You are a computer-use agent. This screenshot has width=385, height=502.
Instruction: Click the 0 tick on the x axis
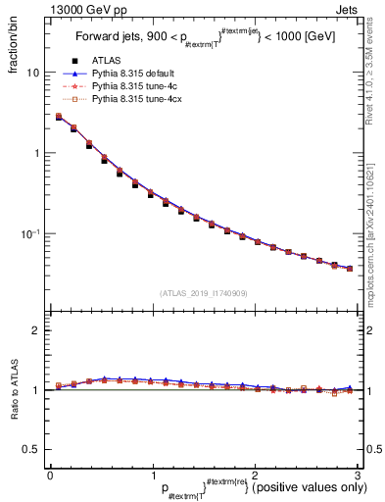pos(50,475)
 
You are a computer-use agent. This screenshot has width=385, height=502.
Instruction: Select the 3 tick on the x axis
pos(358,475)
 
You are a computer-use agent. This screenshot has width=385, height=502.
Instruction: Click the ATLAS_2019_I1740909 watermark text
pos(204,293)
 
